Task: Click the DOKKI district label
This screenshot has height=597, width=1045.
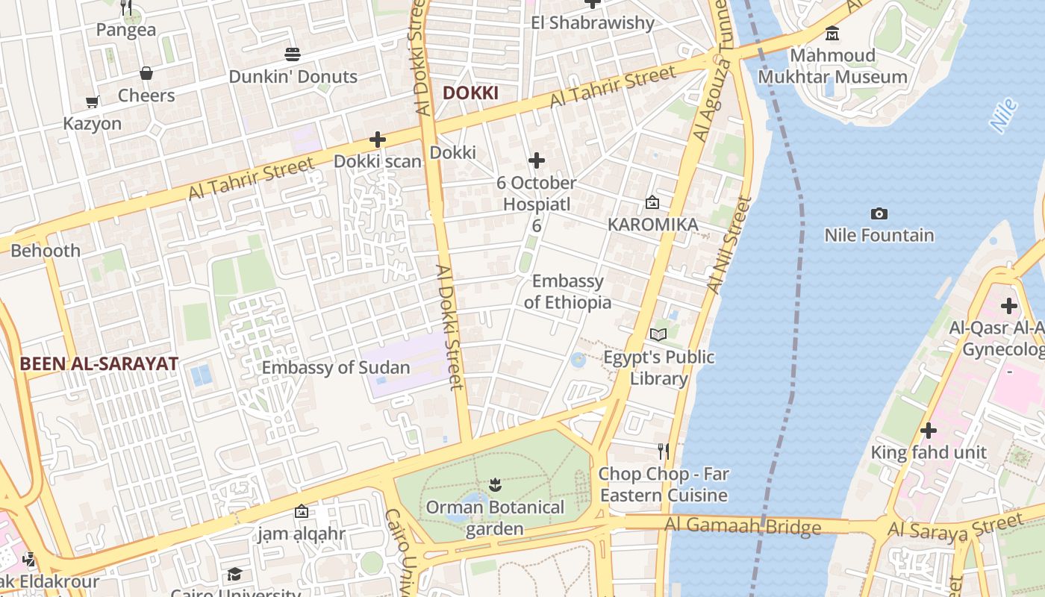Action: pyautogui.click(x=470, y=93)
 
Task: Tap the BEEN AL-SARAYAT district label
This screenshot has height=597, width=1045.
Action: pyautogui.click(x=99, y=364)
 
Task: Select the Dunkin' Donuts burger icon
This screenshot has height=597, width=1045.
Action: pyautogui.click(x=293, y=54)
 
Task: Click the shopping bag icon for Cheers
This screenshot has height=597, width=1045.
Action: pyautogui.click(x=146, y=73)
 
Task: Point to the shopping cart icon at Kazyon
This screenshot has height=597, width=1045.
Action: pyautogui.click(x=92, y=101)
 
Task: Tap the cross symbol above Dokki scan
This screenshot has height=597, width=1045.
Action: pyautogui.click(x=378, y=140)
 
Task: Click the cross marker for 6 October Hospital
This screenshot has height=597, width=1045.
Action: pyautogui.click(x=536, y=160)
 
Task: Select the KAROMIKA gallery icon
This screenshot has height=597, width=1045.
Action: pyautogui.click(x=652, y=202)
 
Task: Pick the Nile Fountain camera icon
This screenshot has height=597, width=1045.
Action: pyautogui.click(x=879, y=214)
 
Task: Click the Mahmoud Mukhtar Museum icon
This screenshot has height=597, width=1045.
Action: pyautogui.click(x=832, y=34)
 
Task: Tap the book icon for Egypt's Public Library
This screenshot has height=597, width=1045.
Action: pyautogui.click(x=658, y=335)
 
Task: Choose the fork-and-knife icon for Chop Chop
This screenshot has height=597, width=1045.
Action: pyautogui.click(x=663, y=451)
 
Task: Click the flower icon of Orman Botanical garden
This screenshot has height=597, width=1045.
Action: pyautogui.click(x=495, y=486)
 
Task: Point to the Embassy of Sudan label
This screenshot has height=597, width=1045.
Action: pyautogui.click(x=335, y=367)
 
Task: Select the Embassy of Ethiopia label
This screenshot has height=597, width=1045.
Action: pyautogui.click(x=567, y=292)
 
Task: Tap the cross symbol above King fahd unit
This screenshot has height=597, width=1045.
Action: pyautogui.click(x=929, y=431)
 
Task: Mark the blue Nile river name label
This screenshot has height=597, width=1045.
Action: pyautogui.click(x=1005, y=116)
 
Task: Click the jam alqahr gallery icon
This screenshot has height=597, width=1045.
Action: pyautogui.click(x=302, y=511)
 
